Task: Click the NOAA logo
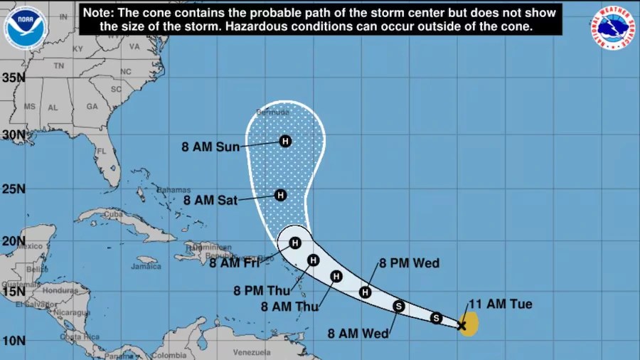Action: coord(25,27)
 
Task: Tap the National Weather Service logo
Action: coord(612,27)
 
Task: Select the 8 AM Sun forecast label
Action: coord(210,147)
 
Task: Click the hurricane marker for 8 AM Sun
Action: coord(285,141)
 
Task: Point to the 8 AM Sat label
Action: coord(210,201)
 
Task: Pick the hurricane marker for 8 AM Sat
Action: coord(280,195)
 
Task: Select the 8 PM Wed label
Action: coord(409,263)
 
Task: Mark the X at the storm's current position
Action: coord(462,326)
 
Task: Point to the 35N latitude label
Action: coord(14,78)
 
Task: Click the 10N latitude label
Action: coord(14,339)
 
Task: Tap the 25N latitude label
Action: coord(14,189)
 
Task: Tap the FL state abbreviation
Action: coord(101,151)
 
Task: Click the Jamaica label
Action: coord(146,267)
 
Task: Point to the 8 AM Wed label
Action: coord(358,333)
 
